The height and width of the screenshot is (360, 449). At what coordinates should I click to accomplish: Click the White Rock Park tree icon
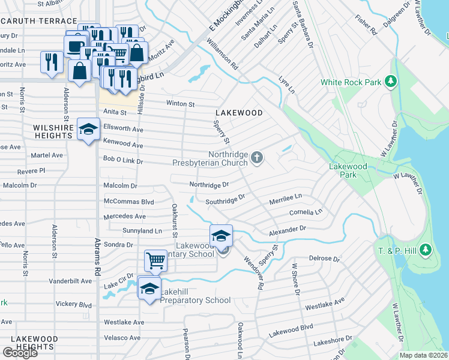391,81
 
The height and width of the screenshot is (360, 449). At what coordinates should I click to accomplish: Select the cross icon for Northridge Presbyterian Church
257,158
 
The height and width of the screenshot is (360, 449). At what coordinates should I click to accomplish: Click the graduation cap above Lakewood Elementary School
221,235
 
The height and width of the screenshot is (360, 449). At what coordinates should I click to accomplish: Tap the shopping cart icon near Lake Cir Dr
155,260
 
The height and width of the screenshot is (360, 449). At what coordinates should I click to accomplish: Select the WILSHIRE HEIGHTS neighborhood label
53,131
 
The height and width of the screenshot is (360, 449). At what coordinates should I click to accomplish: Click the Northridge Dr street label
209,185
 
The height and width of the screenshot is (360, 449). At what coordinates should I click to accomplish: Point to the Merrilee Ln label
285,197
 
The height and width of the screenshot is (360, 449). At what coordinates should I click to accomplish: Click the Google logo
20,353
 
